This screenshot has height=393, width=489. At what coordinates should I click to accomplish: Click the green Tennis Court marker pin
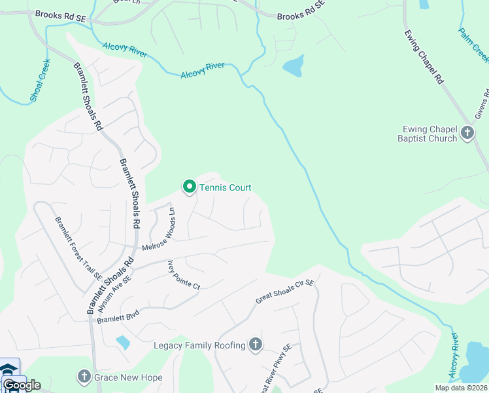(190, 187)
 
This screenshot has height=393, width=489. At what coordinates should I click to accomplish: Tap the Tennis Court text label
(226, 188)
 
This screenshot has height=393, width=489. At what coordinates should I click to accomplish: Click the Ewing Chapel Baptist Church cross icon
(467, 133)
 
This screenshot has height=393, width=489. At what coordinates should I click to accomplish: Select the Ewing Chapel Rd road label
(424, 57)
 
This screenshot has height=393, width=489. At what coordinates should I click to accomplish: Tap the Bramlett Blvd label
(118, 315)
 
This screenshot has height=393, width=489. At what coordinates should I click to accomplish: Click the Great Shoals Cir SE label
(285, 292)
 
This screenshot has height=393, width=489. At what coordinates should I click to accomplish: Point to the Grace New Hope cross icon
(84, 377)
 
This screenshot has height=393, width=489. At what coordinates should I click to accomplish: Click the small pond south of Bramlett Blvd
(122, 342)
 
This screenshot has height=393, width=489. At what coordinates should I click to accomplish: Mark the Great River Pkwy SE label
(275, 370)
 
